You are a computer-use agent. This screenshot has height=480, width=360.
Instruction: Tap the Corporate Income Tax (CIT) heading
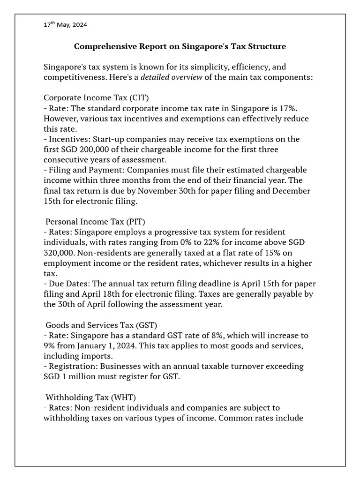click(x=96, y=97)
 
